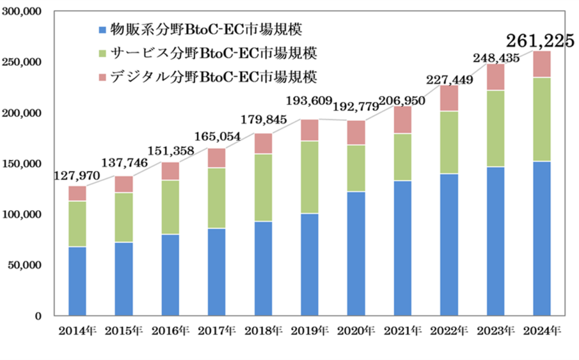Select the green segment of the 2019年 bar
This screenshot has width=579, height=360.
click(x=310, y=177)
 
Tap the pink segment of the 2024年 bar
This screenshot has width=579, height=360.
click(x=542, y=64)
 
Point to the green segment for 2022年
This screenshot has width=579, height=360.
click(x=449, y=142)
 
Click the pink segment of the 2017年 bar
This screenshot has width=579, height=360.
click(x=217, y=158)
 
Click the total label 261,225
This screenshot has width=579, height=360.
click(x=537, y=40)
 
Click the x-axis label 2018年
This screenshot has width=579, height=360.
click(x=263, y=331)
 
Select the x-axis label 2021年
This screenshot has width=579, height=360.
click(x=402, y=331)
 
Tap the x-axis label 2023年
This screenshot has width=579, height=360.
click(x=495, y=331)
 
